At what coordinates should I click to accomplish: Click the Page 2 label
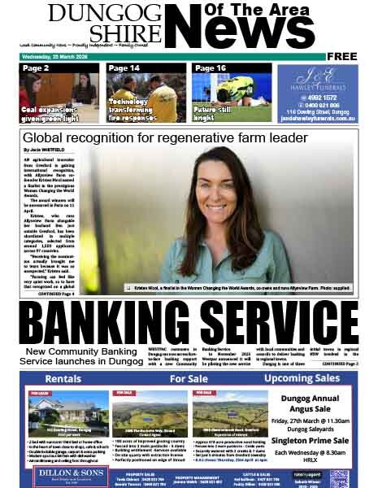coord(36,69)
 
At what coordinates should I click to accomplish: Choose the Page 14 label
coord(124,69)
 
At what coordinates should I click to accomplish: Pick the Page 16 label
coord(211,69)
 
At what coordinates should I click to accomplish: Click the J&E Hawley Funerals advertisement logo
coord(316,82)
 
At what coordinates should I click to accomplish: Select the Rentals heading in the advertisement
coord(63,379)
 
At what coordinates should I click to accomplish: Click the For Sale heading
coord(188,379)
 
